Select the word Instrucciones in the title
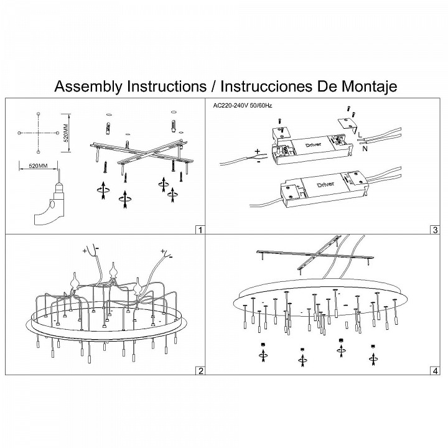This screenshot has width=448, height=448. (x=266, y=86)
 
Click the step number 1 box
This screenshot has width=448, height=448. (x=200, y=230)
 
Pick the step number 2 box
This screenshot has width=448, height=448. (x=200, y=371)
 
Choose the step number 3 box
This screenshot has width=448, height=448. (x=434, y=230)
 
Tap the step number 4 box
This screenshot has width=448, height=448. (x=434, y=371)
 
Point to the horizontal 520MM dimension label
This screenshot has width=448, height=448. (x=39, y=166)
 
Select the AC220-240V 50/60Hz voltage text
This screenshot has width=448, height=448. (x=239, y=106)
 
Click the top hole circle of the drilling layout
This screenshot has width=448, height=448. (x=39, y=113)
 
